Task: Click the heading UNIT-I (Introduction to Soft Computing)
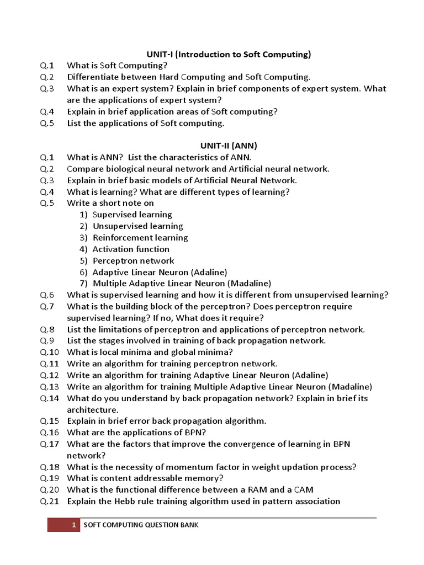pos(229,54)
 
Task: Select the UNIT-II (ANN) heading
pos(229,146)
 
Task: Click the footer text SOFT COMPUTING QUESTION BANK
pos(141,525)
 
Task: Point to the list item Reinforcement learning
pos(140,238)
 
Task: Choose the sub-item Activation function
pos(131,249)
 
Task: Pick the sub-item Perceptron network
pos(133,260)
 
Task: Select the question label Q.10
pos(49,352)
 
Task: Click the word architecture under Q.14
pos(92,410)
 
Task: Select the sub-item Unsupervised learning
pos(138,226)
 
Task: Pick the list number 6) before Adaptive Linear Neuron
pos(83,272)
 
